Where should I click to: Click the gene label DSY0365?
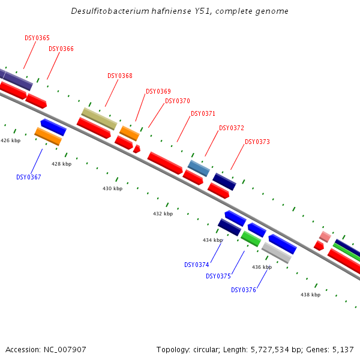point(37,38)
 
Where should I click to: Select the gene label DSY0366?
point(61,49)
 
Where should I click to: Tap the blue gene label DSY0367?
point(29,177)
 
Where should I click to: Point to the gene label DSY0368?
point(120,76)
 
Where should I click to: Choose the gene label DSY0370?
point(177,101)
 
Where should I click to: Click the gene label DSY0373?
point(257,142)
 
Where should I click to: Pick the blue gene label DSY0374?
point(197,265)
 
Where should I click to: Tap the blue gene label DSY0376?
point(244,290)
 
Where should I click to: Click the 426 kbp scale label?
point(10,140)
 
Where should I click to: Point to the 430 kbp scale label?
point(112,188)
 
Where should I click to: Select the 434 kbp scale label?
point(212,240)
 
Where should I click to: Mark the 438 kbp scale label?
point(310,295)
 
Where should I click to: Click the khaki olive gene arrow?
point(99,118)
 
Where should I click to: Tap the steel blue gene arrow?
point(199,168)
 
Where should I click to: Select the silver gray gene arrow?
point(277,253)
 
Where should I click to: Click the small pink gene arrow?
point(325,236)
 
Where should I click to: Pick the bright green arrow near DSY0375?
point(251,239)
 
